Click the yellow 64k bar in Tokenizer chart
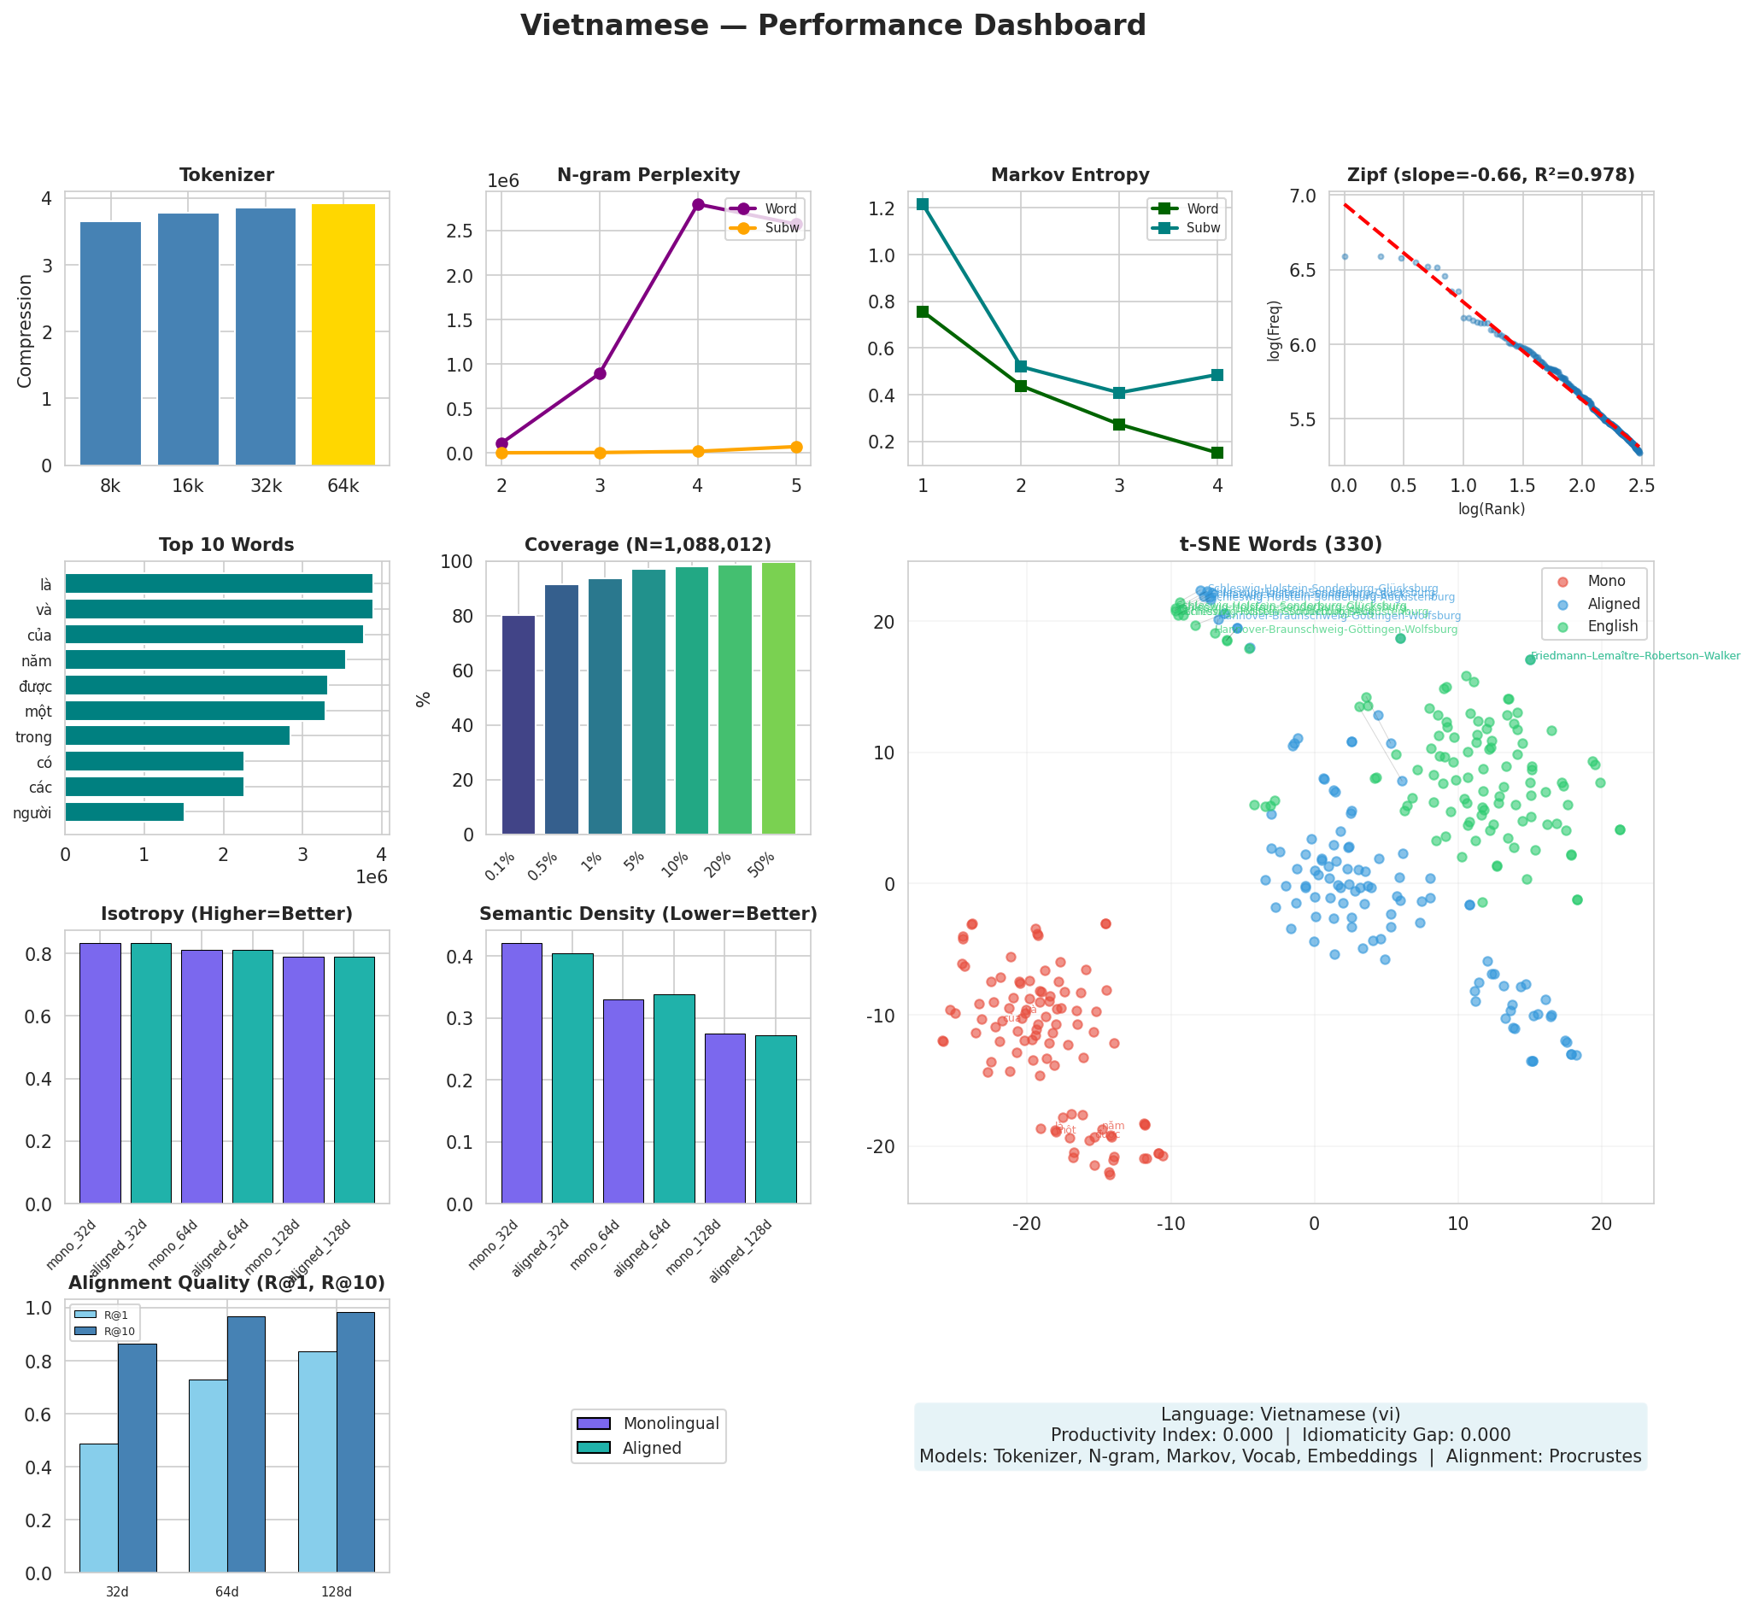(343, 335)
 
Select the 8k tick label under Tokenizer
(111, 486)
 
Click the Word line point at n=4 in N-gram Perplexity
(697, 205)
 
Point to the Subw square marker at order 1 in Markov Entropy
(923, 204)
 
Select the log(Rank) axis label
(1492, 509)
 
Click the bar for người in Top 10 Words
(125, 812)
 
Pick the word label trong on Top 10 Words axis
(34, 737)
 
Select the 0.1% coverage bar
(519, 724)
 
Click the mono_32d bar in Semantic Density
(521, 1073)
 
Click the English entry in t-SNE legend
(1613, 626)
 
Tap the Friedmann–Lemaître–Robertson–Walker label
(1635, 655)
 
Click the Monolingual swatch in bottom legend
(594, 1424)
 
